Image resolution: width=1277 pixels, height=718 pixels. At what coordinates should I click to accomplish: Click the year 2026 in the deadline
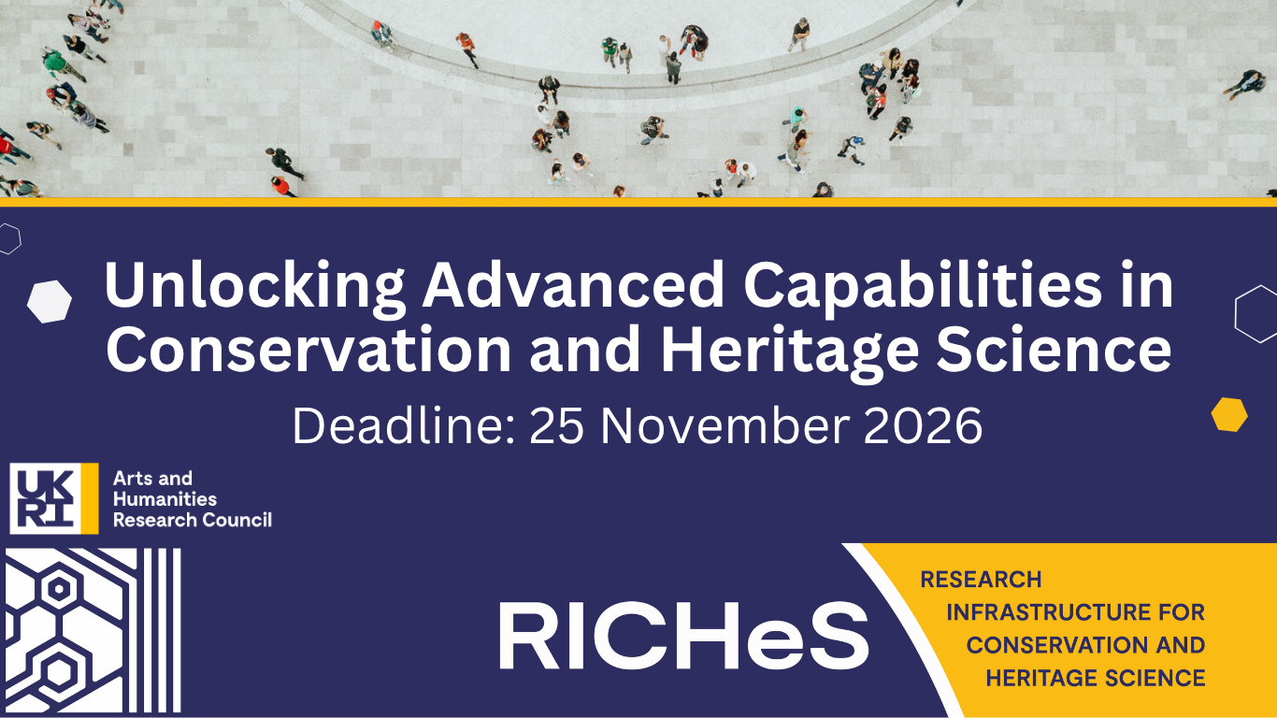(x=923, y=426)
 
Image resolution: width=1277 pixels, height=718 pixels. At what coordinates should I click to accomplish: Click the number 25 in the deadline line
(x=557, y=426)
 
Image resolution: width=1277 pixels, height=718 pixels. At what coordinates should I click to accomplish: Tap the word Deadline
(x=404, y=425)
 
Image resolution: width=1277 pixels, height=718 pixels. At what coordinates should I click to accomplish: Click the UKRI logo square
(x=54, y=498)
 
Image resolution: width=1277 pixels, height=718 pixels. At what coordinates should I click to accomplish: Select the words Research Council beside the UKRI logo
(x=193, y=520)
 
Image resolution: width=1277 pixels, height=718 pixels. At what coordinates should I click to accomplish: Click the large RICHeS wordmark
(x=683, y=636)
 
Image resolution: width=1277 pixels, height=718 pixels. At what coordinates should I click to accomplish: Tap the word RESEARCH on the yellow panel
(x=982, y=580)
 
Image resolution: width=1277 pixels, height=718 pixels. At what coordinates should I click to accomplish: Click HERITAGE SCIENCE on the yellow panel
(x=1095, y=678)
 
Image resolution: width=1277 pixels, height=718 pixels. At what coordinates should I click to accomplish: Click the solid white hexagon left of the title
(x=50, y=302)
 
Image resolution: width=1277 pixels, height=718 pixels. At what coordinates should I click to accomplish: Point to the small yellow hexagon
(x=1229, y=414)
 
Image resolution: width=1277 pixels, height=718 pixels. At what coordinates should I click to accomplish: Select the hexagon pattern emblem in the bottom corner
(x=93, y=631)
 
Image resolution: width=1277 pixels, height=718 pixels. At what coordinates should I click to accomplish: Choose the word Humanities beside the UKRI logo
(x=165, y=499)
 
